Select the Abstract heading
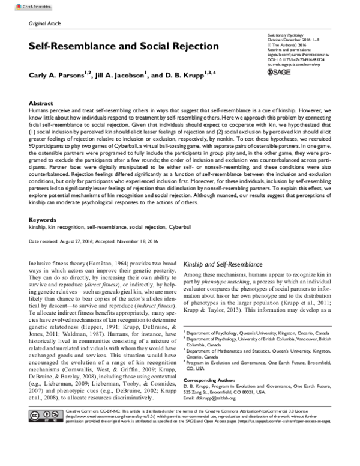pos(41,103)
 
